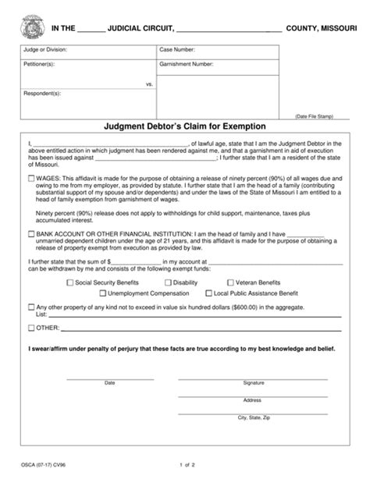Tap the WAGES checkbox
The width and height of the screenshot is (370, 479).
tap(31, 179)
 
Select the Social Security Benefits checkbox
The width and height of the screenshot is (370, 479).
tap(72, 282)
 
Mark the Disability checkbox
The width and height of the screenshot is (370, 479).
tap(167, 282)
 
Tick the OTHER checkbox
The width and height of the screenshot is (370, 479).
tap(31, 328)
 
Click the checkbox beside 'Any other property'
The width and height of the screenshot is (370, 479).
tap(31, 307)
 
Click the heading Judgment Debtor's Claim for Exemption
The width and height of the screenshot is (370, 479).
tap(185, 125)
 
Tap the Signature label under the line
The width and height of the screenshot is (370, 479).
tap(254, 383)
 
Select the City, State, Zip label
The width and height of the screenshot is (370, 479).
tap(254, 418)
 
